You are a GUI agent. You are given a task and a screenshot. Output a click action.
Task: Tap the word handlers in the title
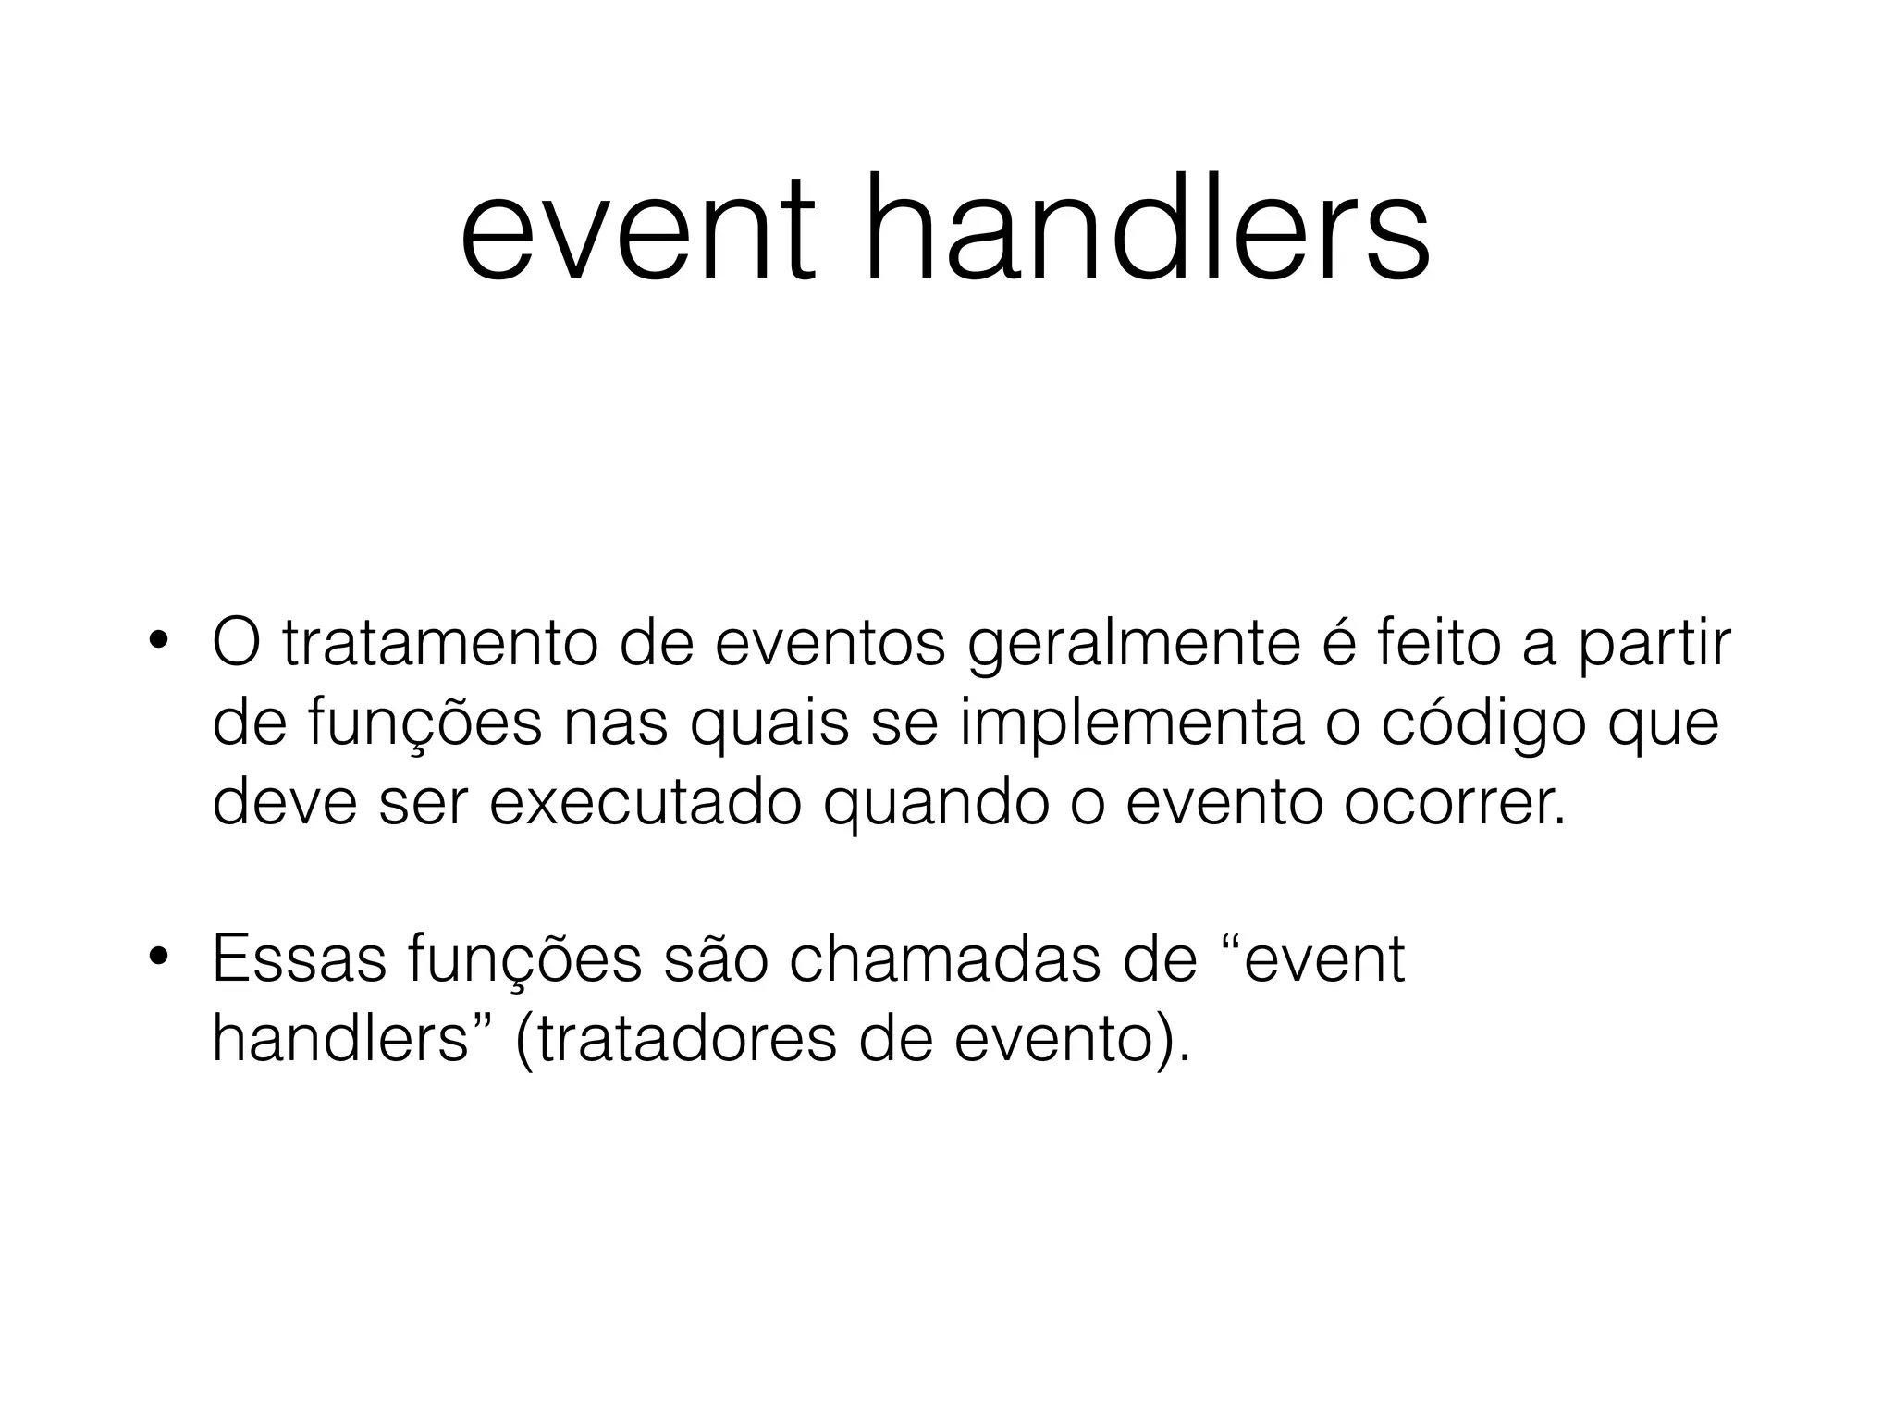[1148, 231]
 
